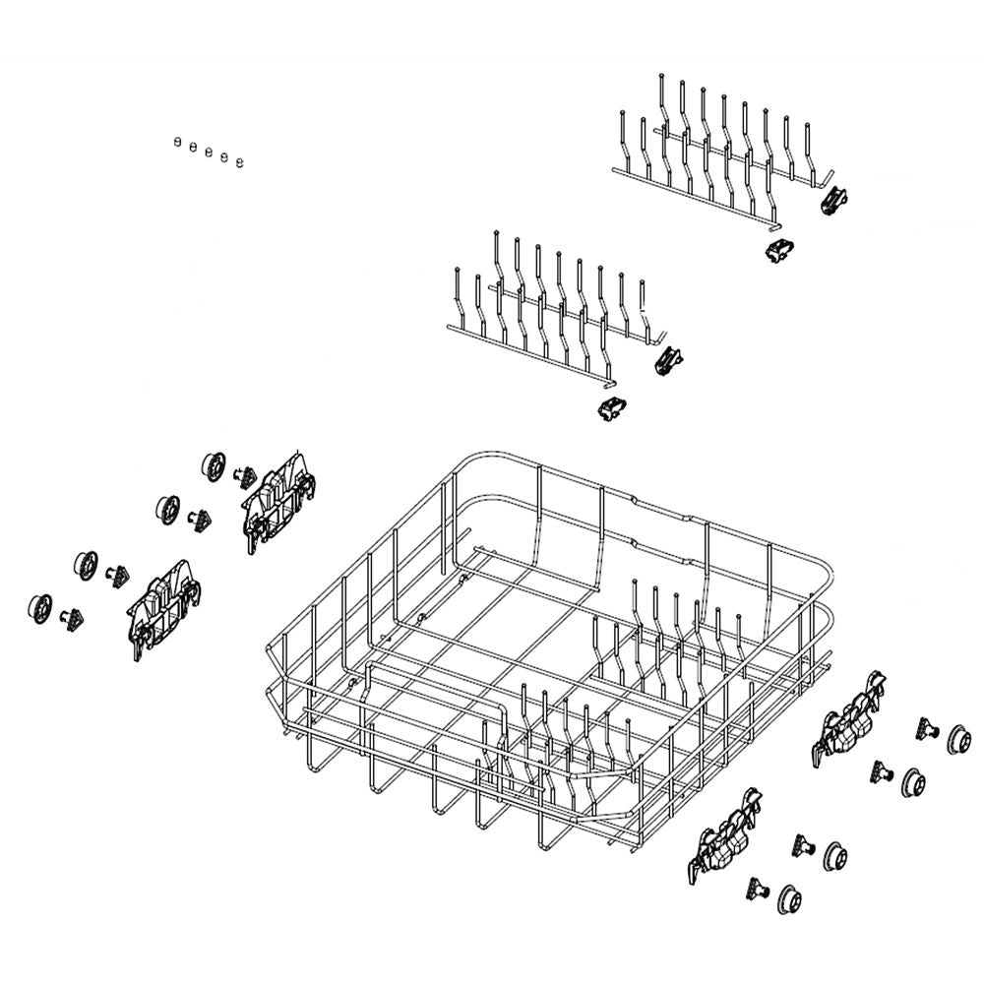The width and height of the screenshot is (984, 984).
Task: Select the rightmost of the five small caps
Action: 240,160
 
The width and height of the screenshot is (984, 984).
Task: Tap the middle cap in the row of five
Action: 209,152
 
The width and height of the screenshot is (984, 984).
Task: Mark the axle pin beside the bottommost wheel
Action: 757,888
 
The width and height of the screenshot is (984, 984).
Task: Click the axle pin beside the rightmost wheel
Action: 926,729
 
